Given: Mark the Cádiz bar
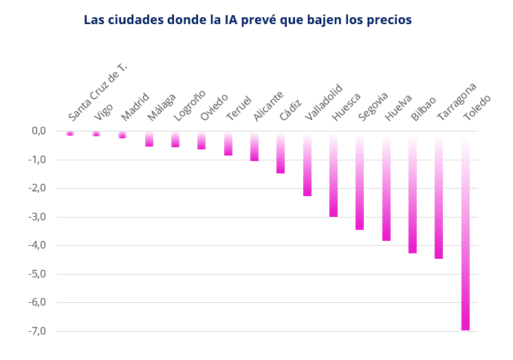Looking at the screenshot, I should click(x=281, y=152).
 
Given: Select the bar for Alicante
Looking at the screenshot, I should click(x=254, y=146).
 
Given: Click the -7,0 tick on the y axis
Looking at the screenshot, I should click(x=37, y=331).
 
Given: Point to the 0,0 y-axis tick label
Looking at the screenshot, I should click(x=39, y=131).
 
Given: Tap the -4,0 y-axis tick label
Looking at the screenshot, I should click(x=37, y=245).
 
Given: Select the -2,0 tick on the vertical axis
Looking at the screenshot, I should click(x=37, y=188).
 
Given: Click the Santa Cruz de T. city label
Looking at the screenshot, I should click(x=98, y=92).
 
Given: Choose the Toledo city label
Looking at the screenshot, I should click(x=477, y=107).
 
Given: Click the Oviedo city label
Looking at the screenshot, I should click(x=214, y=107).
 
